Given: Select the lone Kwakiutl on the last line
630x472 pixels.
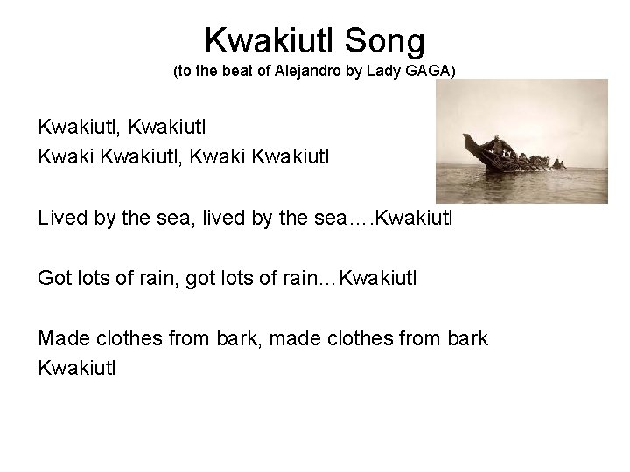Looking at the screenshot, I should [76, 369].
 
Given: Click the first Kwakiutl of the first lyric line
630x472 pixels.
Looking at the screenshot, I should [78, 128].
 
